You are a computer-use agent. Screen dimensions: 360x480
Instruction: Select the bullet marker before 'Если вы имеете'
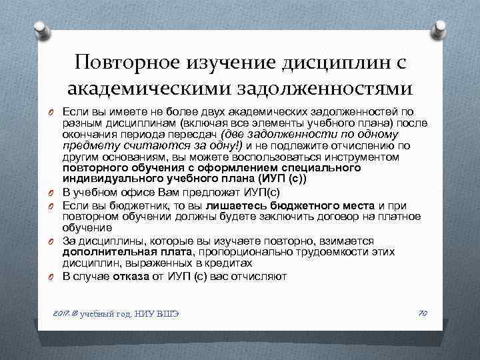click(x=52, y=110)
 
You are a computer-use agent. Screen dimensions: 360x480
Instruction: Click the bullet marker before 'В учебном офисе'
click(x=52, y=192)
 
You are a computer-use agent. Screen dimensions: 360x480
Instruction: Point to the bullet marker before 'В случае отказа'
click(x=52, y=275)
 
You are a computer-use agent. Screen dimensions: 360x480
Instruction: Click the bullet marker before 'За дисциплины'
click(x=52, y=240)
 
